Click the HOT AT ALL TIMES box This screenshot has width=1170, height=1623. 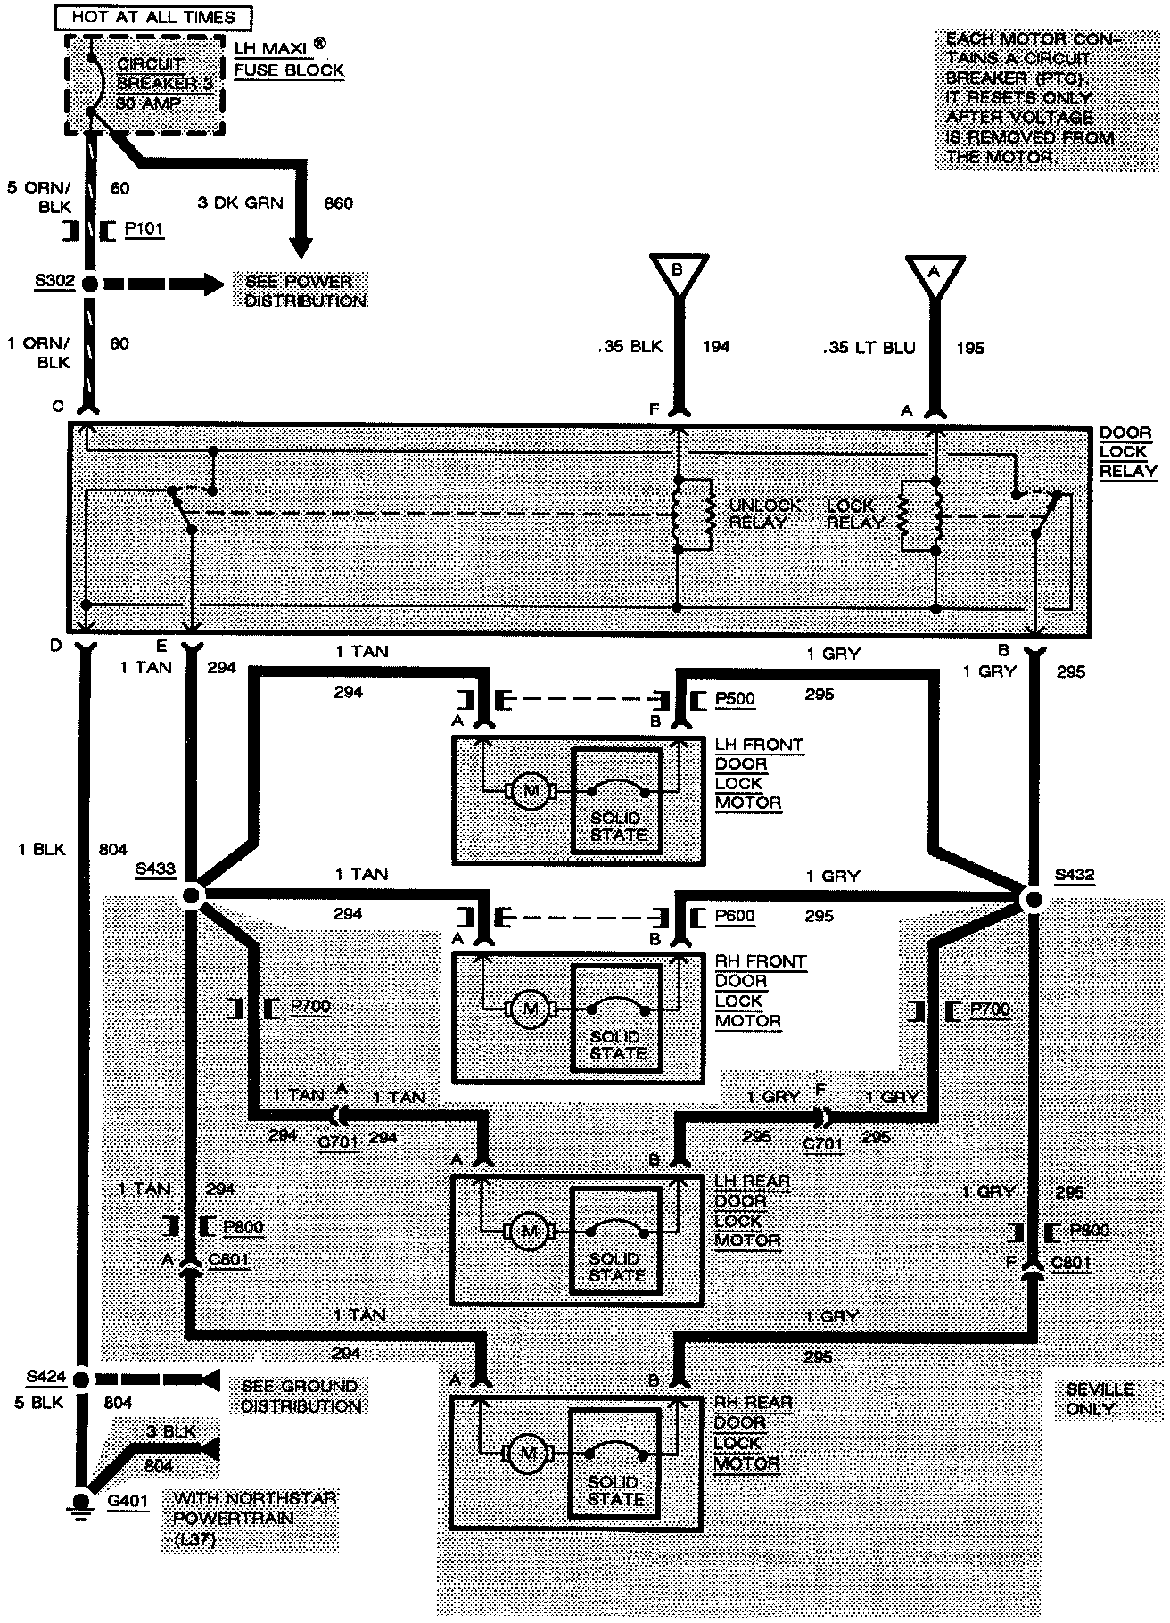click(152, 16)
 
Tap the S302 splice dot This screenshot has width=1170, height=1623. click(89, 284)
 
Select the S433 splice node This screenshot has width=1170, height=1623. click(192, 895)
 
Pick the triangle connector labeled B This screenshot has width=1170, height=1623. click(678, 270)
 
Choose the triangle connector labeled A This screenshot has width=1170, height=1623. click(935, 271)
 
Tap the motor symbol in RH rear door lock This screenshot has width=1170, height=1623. click(528, 1453)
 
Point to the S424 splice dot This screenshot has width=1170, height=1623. click(81, 1380)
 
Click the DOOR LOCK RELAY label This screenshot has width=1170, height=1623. click(1127, 452)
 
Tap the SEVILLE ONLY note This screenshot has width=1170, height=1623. click(1100, 1399)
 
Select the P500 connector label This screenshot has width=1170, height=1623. click(735, 699)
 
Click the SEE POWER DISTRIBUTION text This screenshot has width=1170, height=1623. click(305, 291)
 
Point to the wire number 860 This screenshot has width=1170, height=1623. click(338, 203)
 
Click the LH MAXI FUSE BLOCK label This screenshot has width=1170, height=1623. click(289, 59)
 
